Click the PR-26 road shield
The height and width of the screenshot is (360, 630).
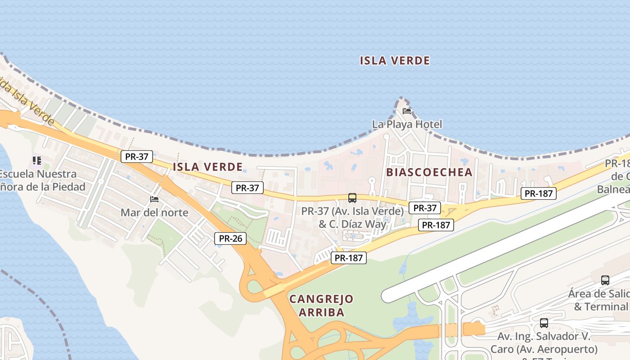click(x=230, y=238)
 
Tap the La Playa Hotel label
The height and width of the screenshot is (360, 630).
click(x=407, y=124)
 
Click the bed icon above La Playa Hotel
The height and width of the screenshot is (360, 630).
click(x=407, y=111)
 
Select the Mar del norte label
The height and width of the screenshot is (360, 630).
click(x=154, y=212)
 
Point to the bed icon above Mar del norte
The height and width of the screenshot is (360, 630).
click(x=154, y=199)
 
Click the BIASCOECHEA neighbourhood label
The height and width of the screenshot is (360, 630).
click(x=429, y=172)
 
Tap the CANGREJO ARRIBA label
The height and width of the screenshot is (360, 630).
click(x=321, y=306)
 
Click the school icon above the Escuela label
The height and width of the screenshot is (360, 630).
click(x=37, y=160)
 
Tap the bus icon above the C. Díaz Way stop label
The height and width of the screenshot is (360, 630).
click(x=352, y=198)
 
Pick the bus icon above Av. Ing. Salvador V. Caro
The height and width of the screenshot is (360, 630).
click(x=544, y=323)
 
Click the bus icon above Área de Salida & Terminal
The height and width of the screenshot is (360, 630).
click(x=605, y=280)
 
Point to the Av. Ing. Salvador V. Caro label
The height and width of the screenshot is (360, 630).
click(x=544, y=343)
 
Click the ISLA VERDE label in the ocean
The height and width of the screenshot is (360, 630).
click(x=395, y=60)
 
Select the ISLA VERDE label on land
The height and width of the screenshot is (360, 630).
click(x=208, y=167)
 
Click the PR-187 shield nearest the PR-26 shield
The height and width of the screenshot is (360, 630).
click(x=349, y=258)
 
